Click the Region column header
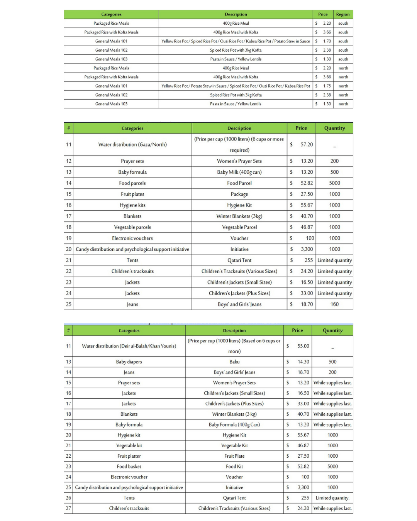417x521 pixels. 342,14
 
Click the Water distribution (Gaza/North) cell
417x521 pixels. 132,145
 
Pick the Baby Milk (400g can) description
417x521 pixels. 239,172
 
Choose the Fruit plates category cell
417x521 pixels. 132,194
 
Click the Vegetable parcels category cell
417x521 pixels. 132,227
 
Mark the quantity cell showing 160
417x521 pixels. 334,304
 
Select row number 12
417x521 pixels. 69,161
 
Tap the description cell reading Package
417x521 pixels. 239,194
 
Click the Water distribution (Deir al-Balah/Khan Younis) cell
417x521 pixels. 129,346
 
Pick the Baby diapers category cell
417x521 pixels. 129,362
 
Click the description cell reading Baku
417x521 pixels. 234,362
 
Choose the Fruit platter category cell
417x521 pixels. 129,456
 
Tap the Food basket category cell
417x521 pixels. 129,467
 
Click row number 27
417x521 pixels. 68,509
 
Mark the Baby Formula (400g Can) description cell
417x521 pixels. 234,425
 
